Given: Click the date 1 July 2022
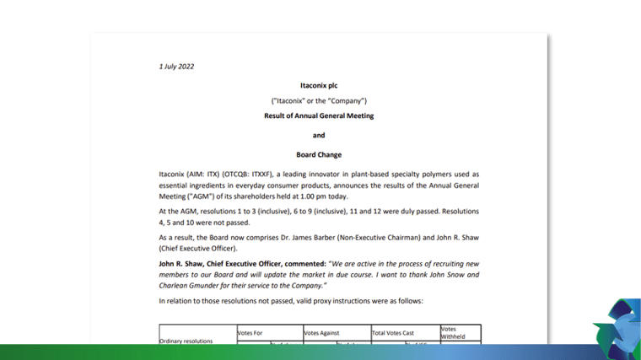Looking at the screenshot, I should (x=176, y=67).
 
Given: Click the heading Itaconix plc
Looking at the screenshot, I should (x=319, y=85).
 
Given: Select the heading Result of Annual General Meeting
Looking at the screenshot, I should (x=319, y=116).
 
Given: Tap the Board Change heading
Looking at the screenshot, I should (x=319, y=154).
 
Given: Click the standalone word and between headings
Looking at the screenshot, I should (x=319, y=135).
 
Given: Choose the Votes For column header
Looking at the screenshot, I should (x=250, y=333).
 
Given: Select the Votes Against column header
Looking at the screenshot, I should (x=324, y=333).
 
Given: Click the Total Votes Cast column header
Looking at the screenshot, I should (x=394, y=333).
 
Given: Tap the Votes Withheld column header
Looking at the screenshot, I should (x=453, y=333).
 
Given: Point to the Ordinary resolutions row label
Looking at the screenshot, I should (x=186, y=341).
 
